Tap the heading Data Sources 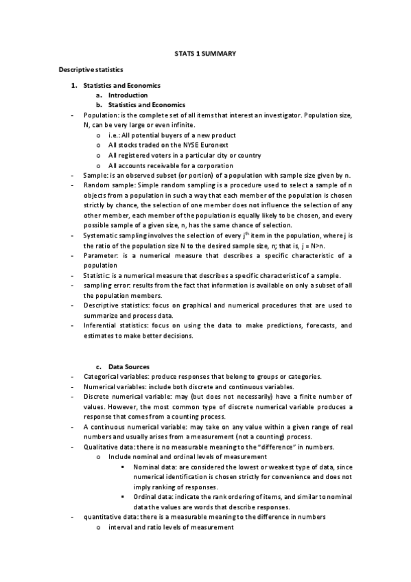(x=129, y=366)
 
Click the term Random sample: (x=109, y=185)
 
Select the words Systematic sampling (x=115, y=235)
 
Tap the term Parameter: (x=102, y=255)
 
